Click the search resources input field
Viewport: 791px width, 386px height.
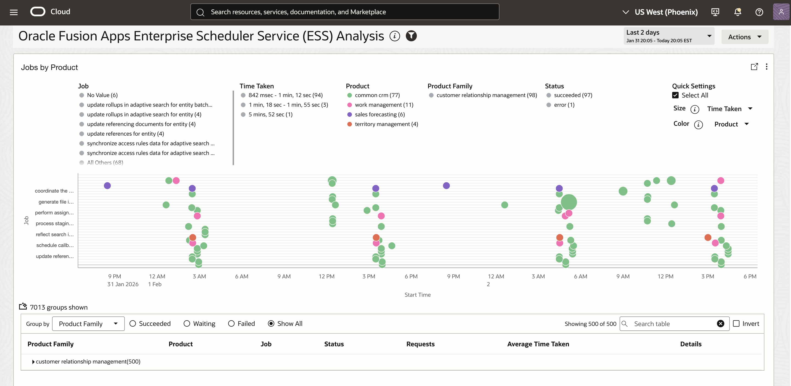345,12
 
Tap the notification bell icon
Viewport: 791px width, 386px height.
737,12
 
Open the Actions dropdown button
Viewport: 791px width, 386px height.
744,37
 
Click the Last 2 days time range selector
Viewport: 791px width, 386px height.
668,36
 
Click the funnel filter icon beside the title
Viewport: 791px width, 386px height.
411,36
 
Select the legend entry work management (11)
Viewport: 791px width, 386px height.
384,105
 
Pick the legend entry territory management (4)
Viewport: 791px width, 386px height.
386,124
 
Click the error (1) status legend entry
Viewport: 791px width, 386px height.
564,105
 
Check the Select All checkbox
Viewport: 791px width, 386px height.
675,95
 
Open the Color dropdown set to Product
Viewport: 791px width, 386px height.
731,124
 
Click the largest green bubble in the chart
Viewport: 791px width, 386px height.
569,202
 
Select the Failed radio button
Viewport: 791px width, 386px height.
231,324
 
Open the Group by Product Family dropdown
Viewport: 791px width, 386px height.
88,324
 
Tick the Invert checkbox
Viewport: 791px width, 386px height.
736,324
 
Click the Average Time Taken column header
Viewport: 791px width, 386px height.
538,344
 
